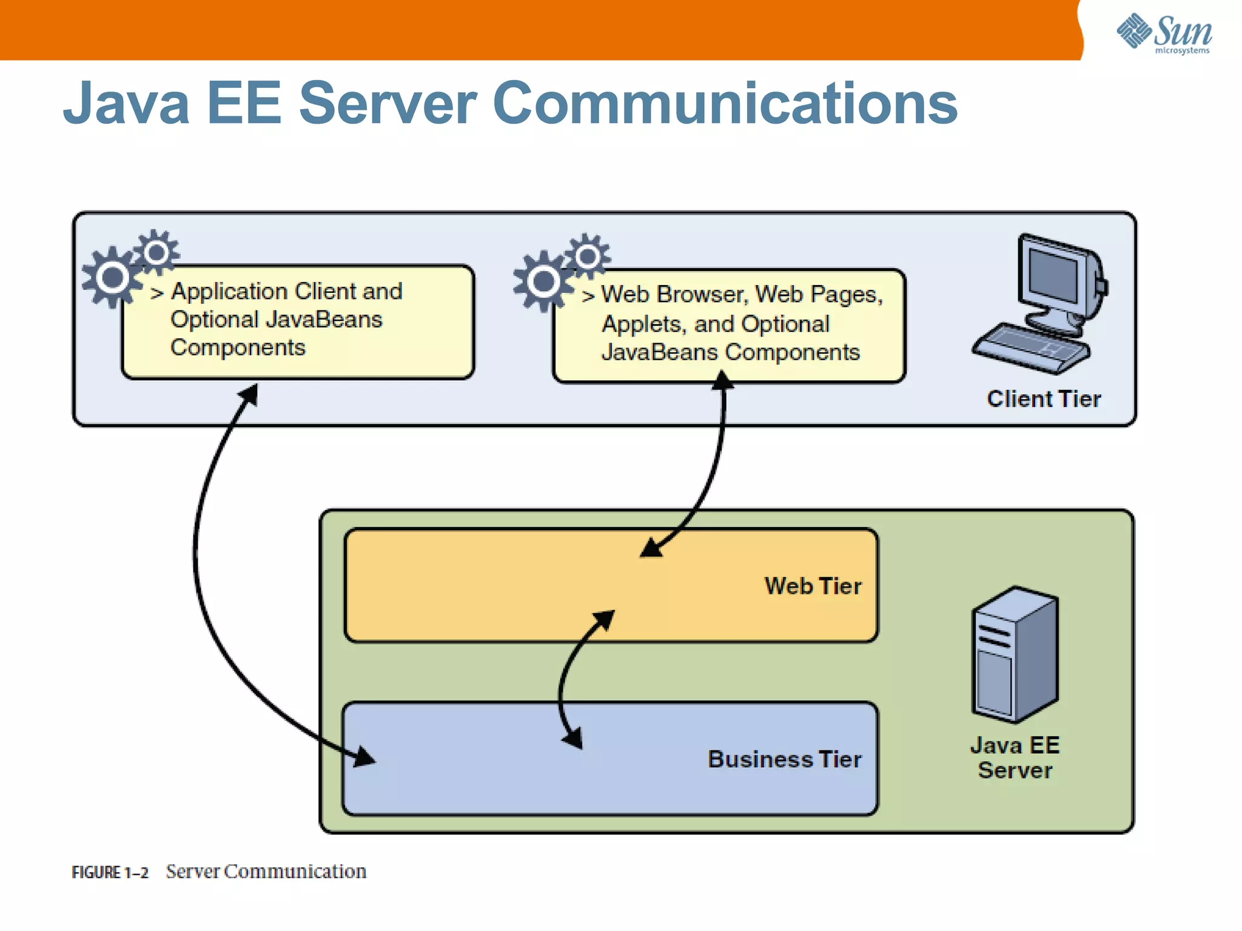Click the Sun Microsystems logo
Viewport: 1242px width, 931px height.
tap(1164, 33)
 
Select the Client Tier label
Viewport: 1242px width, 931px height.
tap(1043, 399)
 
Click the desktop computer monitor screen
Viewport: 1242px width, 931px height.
tap(1053, 273)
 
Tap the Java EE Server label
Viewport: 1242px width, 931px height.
tap(1015, 758)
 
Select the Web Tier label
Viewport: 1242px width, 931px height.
tap(813, 586)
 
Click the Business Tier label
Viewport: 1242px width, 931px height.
tap(784, 759)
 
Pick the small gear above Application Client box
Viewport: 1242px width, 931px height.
tap(156, 252)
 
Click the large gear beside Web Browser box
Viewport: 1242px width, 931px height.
tap(543, 281)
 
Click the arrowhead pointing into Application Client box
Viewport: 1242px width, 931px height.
tap(250, 394)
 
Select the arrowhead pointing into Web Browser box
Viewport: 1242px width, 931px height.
tap(722, 381)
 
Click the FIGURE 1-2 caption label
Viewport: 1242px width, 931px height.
tap(110, 872)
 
